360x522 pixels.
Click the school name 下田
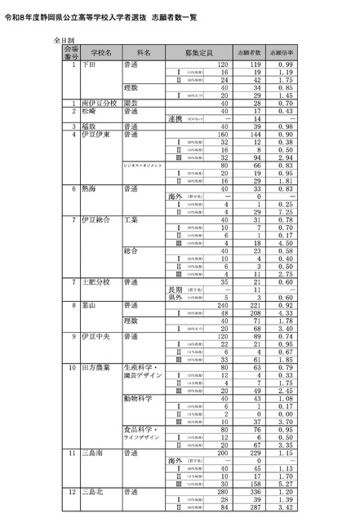(x=91, y=64)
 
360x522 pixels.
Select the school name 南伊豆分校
(x=99, y=104)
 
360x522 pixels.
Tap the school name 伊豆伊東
(x=98, y=135)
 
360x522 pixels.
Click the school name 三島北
(x=95, y=493)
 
